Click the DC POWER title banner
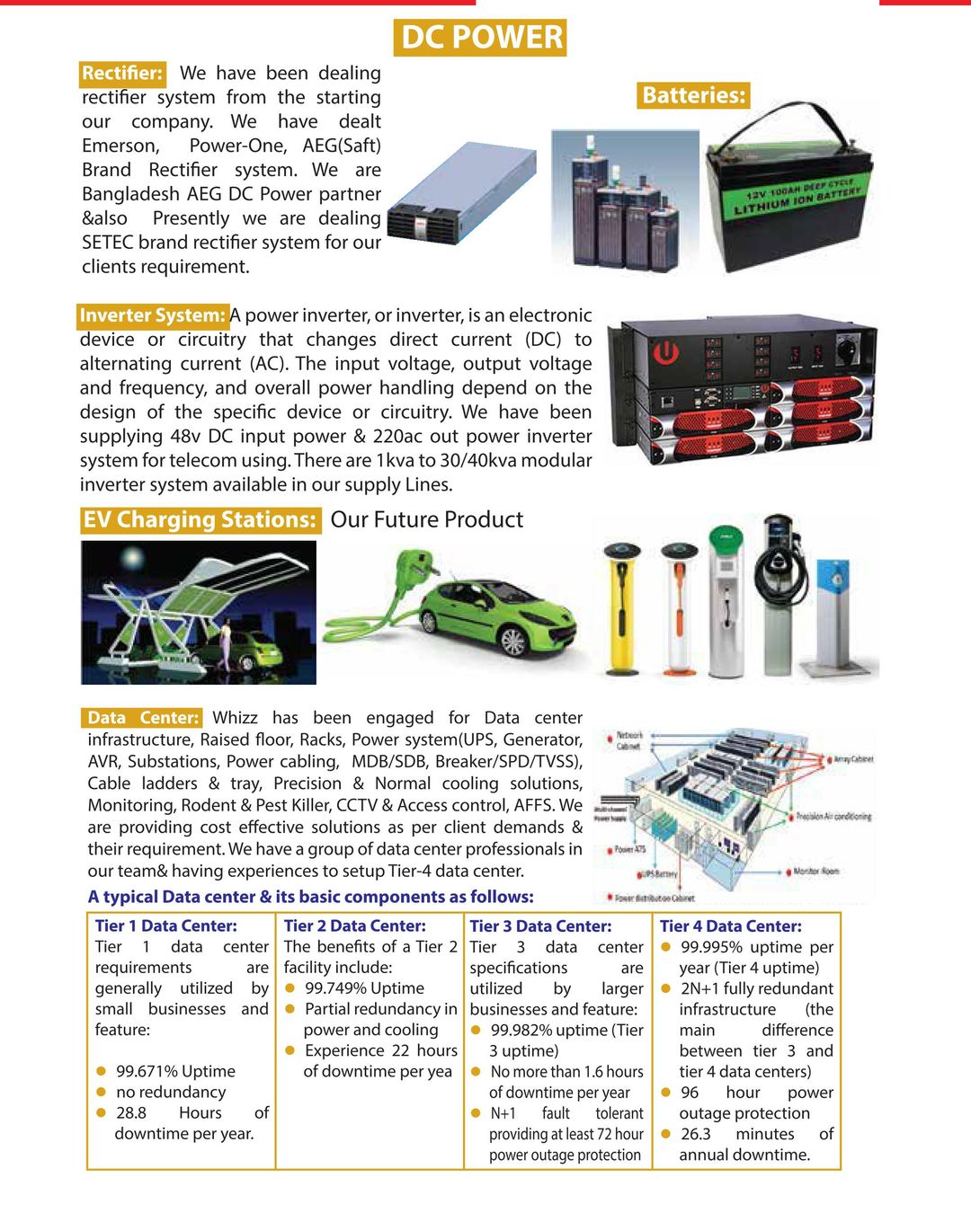click(480, 38)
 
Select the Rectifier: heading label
click(122, 74)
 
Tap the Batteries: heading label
click(694, 95)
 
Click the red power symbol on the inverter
click(665, 352)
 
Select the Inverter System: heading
click(153, 315)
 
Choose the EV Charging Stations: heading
click(200, 520)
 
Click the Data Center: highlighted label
click(142, 718)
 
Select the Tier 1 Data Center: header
click(166, 926)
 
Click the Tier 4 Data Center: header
click(730, 926)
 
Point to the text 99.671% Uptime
click(175, 1071)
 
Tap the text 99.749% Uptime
click(364, 988)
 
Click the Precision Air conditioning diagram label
click(833, 817)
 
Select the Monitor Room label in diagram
click(815, 871)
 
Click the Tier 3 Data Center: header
click(540, 926)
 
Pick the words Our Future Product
click(426, 520)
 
